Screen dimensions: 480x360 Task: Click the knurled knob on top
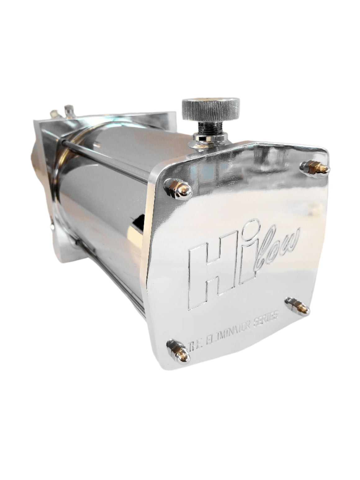pyautogui.click(x=210, y=107)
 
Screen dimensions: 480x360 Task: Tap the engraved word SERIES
pyautogui.click(x=268, y=318)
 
